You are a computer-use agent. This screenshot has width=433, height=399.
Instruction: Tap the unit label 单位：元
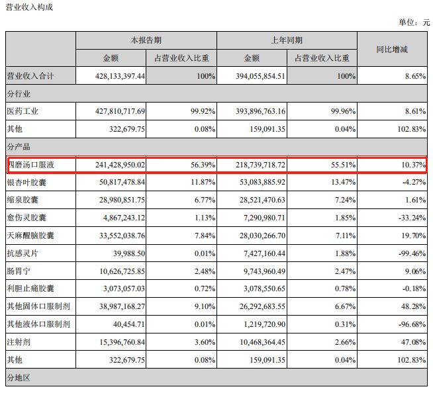point(413,22)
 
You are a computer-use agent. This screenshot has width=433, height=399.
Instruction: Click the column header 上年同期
point(287,40)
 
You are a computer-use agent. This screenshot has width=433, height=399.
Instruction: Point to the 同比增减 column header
point(392,49)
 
